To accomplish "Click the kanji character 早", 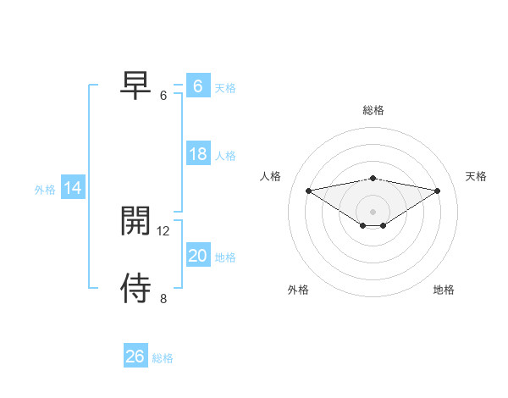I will click(x=136, y=85).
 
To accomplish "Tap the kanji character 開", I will click(x=136, y=221).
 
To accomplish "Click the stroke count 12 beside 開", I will click(x=163, y=230).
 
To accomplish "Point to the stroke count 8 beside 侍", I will click(x=163, y=298).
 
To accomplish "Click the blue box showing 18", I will click(x=198, y=154).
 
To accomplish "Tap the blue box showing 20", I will click(x=198, y=256).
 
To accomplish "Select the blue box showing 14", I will click(x=73, y=188).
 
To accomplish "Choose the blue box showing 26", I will click(x=135, y=357).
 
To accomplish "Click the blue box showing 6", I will click(x=198, y=86).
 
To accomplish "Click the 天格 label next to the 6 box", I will click(x=225, y=87).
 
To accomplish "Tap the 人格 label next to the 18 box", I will click(x=225, y=155).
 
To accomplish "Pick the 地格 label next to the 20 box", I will click(x=225, y=257).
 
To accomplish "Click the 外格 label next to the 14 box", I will click(x=45, y=190).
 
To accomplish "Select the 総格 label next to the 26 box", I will click(x=163, y=357).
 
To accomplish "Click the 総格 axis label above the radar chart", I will click(x=373, y=110).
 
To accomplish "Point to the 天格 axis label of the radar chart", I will click(x=476, y=176).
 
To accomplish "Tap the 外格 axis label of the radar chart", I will click(x=298, y=290).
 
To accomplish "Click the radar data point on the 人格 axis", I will click(x=308, y=190).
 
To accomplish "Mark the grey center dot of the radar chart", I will click(x=373, y=211).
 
